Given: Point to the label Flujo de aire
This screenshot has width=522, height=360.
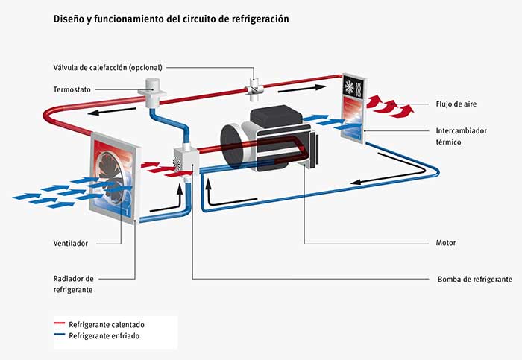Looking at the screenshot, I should (451, 104).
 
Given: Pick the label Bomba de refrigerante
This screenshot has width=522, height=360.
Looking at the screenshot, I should (474, 279).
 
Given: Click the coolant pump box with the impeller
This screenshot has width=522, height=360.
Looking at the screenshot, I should (183, 160).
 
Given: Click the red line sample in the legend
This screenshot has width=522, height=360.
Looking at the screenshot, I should (60, 325).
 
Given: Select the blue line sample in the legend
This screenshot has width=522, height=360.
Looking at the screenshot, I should (60, 336).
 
